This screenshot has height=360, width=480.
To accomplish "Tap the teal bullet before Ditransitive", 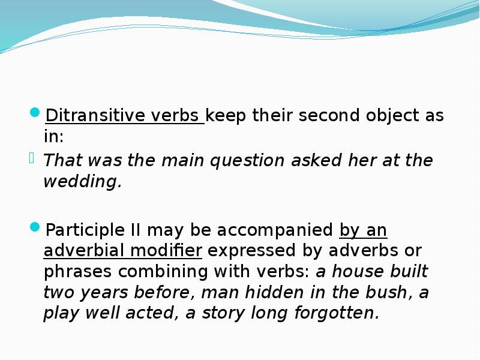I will point(35,112).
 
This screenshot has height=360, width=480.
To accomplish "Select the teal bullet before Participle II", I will point(35,227).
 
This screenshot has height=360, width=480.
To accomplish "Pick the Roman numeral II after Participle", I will point(136,230).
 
